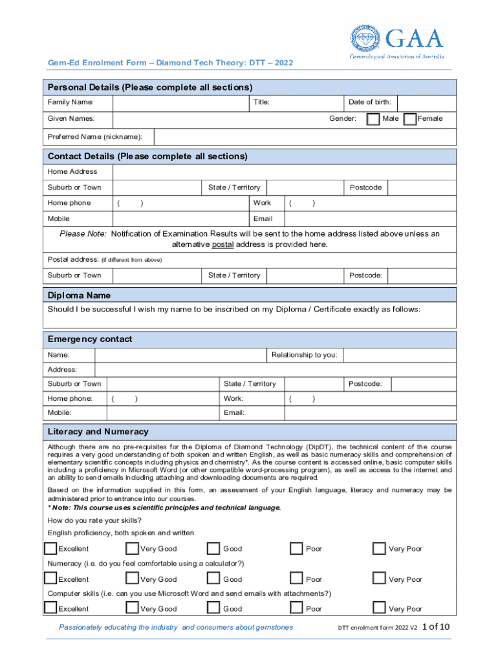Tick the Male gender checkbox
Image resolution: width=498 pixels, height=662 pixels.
click(x=373, y=119)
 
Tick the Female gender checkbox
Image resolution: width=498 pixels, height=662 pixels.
click(x=409, y=119)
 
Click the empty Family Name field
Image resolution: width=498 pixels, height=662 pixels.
click(x=182, y=103)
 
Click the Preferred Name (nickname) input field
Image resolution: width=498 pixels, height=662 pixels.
click(x=305, y=136)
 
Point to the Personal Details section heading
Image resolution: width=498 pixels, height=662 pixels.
click(x=150, y=87)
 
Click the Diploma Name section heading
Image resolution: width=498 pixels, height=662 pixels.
click(x=79, y=295)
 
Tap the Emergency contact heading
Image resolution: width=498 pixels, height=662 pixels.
click(x=90, y=339)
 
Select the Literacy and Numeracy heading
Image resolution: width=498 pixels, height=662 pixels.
click(x=98, y=432)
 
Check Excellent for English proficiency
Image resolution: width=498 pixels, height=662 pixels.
click(x=50, y=549)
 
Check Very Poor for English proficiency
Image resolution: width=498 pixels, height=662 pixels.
click(x=379, y=549)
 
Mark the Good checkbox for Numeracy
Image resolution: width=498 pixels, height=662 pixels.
click(x=213, y=579)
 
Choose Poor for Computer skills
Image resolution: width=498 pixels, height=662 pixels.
click(x=296, y=608)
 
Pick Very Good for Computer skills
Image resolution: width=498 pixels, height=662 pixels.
click(x=132, y=608)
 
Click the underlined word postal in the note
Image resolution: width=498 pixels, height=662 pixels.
click(x=222, y=244)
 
